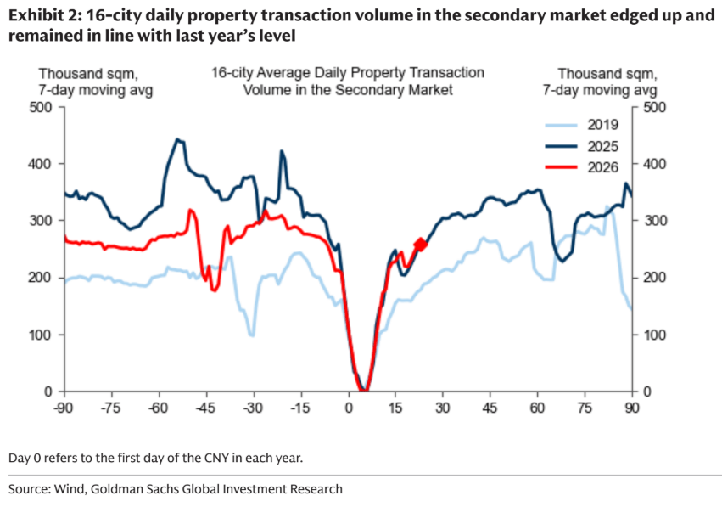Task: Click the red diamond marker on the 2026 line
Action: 421,245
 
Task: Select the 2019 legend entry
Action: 603,124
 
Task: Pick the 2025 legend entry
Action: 603,145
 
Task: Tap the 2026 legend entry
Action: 603,166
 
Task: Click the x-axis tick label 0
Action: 349,406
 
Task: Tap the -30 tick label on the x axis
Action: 253,406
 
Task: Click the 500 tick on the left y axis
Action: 42,107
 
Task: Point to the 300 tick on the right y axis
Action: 654,221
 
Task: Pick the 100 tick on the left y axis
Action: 42,335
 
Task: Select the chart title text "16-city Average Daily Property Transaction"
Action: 348,73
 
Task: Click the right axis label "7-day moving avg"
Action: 607,89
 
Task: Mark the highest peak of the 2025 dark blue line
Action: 176,139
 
